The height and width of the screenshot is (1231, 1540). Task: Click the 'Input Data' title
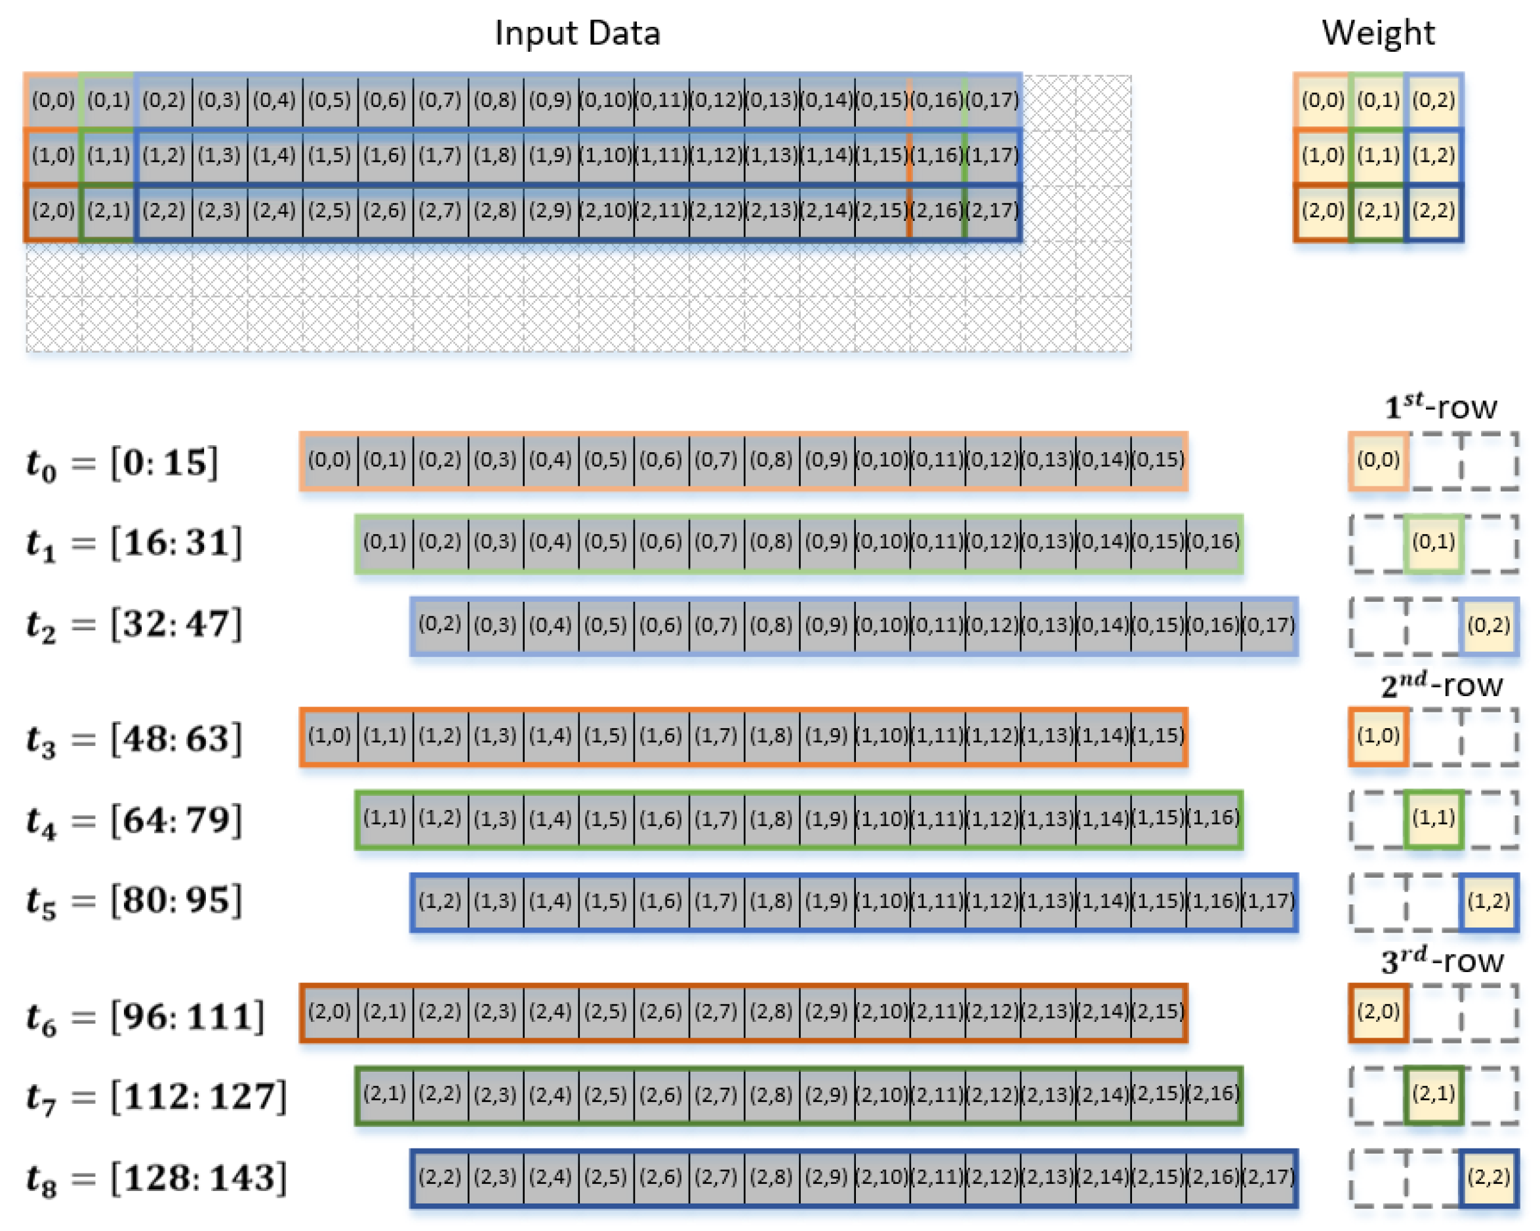577,33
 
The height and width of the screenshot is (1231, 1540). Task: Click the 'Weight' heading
1378,33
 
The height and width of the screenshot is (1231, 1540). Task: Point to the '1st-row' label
1440,406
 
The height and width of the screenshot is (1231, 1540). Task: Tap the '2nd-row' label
1441,685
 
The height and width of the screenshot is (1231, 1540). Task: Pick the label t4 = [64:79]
134,821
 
